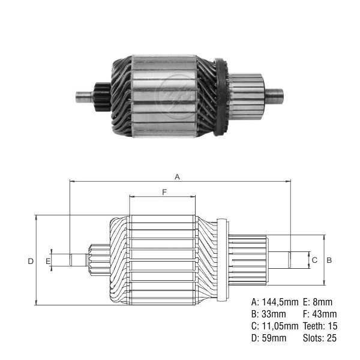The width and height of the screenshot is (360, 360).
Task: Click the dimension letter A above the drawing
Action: tap(177, 177)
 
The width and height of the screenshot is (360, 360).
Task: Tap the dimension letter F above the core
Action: tap(164, 192)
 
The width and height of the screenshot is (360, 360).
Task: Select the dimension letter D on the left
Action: tap(31, 261)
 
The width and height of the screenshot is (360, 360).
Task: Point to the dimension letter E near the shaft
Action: tap(48, 261)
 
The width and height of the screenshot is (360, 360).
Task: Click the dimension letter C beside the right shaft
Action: tap(314, 260)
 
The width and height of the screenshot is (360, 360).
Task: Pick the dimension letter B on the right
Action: tap(329, 260)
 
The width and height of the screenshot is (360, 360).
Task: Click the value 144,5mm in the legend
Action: tap(280, 302)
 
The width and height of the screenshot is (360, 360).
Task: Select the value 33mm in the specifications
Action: tap(274, 314)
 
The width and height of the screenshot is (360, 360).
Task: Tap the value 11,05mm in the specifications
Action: tap(280, 326)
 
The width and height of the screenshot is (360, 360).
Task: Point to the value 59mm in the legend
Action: tap(274, 338)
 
